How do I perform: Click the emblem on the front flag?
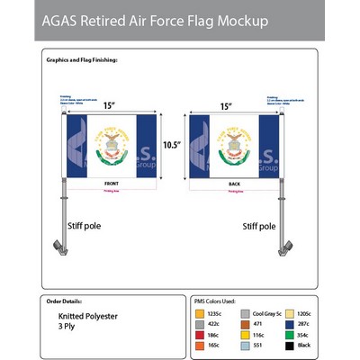click(x=111, y=144)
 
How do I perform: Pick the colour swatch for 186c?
click(x=199, y=334)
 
